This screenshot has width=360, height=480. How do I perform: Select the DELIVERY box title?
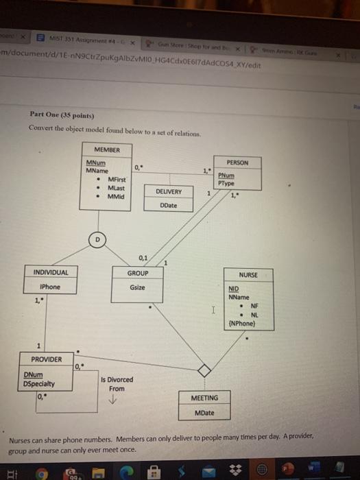click(x=169, y=192)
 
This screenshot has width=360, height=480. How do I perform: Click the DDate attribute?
click(x=169, y=204)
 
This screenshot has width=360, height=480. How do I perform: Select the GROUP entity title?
click(x=137, y=272)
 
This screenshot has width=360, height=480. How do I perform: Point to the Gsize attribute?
click(x=137, y=287)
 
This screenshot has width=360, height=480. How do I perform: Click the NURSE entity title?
click(x=248, y=274)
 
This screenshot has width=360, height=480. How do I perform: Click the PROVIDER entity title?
click(x=47, y=359)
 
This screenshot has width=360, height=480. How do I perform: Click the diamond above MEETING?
click(x=203, y=370)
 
